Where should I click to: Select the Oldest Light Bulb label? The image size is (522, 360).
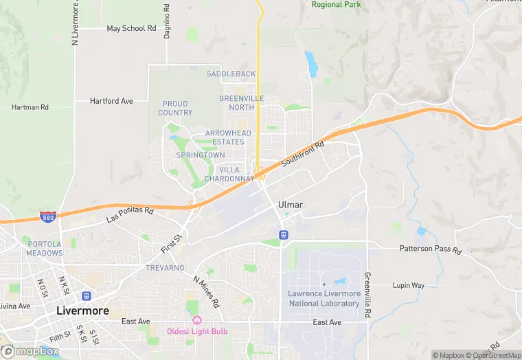tap(197, 332)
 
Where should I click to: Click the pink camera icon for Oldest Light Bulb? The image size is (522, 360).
tap(197, 320)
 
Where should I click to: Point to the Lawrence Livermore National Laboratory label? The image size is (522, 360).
tap(324, 298)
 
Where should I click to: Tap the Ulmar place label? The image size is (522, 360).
tap(291, 205)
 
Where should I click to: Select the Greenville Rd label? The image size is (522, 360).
tap(367, 289)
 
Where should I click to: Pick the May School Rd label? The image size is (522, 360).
tap(132, 29)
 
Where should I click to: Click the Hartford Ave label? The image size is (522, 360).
tap(111, 101)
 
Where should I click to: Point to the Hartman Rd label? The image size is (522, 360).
tap(30, 107)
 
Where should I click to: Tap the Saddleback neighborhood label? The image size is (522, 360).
tap(231, 74)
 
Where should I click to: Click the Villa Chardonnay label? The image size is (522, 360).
tap(229, 174)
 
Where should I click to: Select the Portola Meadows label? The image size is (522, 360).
tap(44, 248)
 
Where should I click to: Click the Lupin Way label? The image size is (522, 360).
tap(408, 285)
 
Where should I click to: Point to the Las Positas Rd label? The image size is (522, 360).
tap(130, 214)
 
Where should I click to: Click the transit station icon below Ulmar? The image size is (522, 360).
tap(282, 235)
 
